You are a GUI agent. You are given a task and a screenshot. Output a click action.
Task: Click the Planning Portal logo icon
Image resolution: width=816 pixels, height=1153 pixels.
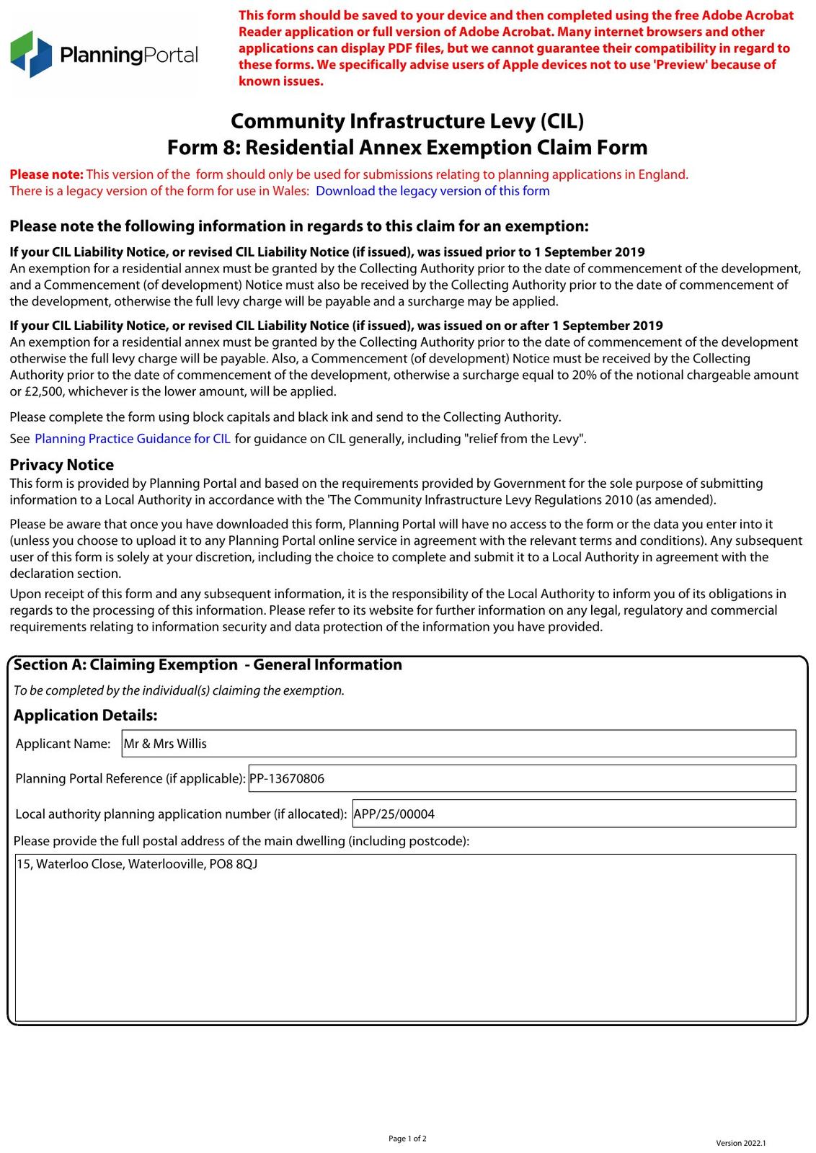click(31, 54)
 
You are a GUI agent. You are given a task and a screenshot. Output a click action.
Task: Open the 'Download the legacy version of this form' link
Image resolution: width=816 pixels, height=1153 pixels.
click(433, 191)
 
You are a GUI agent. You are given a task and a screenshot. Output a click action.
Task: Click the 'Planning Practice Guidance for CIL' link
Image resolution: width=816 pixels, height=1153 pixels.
click(133, 439)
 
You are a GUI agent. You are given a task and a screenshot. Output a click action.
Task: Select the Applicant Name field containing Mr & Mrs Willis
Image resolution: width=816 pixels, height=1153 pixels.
click(458, 744)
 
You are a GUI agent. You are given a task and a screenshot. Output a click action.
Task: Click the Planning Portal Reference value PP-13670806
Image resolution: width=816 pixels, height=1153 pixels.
click(287, 779)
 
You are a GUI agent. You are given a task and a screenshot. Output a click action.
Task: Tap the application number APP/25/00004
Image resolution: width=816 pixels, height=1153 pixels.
click(394, 814)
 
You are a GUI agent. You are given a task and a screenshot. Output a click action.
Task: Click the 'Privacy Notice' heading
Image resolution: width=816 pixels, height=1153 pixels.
click(61, 465)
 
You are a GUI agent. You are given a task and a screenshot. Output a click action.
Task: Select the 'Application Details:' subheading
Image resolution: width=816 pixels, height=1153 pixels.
click(85, 716)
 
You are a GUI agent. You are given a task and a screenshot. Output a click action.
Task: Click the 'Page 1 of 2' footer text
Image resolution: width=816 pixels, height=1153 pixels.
click(407, 1139)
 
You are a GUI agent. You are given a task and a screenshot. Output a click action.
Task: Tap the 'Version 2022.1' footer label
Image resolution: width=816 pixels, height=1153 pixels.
click(740, 1143)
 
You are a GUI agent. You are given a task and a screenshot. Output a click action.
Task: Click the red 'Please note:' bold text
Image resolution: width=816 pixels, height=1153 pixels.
click(47, 174)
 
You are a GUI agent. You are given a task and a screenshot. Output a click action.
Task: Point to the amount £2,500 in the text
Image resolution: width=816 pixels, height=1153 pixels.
click(42, 392)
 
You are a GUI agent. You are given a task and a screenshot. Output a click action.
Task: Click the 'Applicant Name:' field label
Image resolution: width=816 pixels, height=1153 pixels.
click(63, 744)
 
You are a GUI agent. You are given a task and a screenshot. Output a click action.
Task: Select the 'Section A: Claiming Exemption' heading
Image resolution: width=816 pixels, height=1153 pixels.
click(125, 665)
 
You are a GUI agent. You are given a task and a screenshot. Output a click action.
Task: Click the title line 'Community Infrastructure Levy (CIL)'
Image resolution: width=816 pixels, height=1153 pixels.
click(407, 120)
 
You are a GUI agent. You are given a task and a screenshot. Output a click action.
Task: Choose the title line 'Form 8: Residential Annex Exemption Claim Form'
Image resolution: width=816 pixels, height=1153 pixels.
click(407, 148)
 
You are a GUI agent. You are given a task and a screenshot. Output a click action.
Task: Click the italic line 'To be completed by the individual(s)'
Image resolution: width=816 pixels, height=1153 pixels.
click(179, 690)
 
